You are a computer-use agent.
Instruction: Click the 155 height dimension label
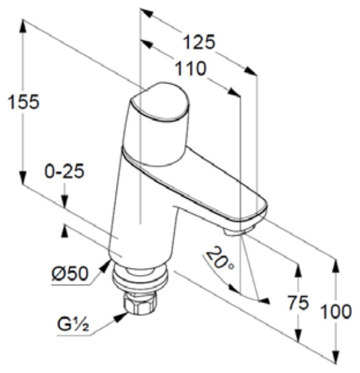[23, 102]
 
